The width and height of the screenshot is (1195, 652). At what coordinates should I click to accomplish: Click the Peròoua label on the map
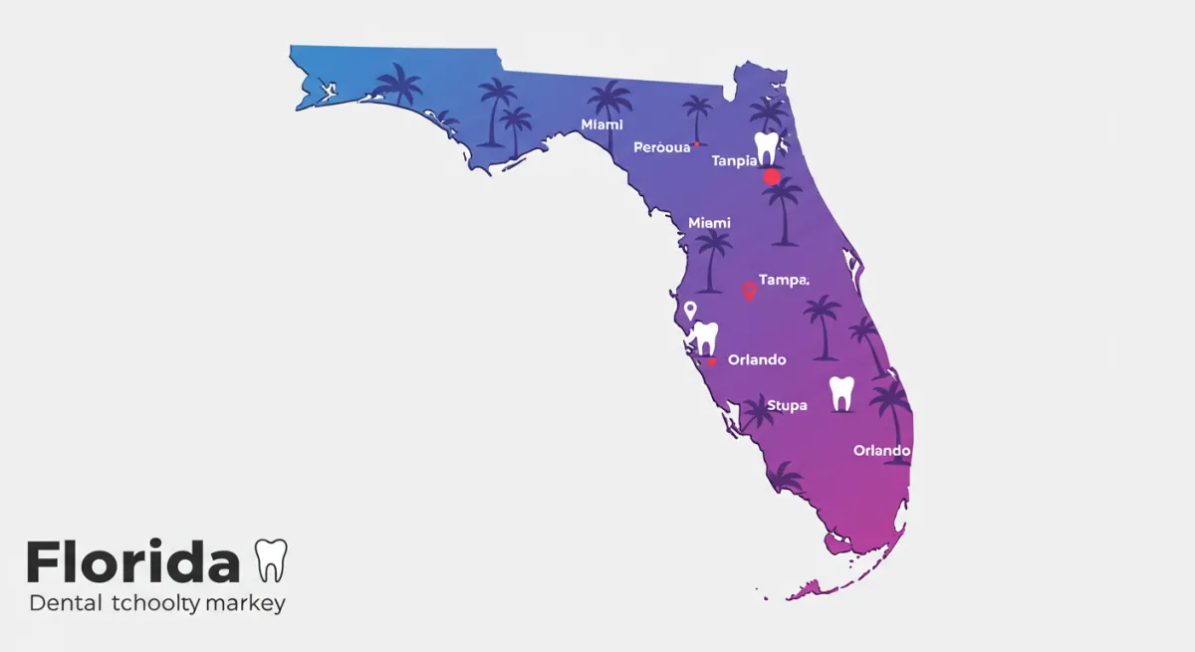tap(661, 147)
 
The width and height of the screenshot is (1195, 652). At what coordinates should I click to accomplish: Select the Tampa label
tap(784, 281)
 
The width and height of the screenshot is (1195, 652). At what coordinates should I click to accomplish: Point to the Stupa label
tap(787, 405)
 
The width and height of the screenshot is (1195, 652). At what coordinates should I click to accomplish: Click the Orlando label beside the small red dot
tap(757, 359)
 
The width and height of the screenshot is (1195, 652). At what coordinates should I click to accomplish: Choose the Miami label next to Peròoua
tap(602, 124)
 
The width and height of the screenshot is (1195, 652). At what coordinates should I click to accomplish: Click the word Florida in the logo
tap(133, 562)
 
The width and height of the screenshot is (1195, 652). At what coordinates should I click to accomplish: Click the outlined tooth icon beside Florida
tap(271, 560)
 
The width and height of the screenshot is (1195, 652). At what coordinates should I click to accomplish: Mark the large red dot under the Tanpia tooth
tap(772, 177)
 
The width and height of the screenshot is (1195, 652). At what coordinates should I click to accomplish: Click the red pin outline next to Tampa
tap(749, 292)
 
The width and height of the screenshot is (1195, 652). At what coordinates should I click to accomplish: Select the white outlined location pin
tap(689, 311)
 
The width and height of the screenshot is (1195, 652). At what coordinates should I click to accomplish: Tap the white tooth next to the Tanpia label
tap(766, 148)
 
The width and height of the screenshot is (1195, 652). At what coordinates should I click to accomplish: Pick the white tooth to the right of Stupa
tap(841, 394)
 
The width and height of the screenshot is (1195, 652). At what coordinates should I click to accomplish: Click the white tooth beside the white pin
tap(705, 338)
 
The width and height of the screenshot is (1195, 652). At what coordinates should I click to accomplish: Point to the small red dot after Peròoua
tap(696, 144)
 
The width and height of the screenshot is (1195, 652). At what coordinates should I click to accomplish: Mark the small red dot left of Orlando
tap(712, 361)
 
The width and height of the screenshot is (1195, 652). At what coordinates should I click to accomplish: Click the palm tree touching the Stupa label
tap(758, 410)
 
